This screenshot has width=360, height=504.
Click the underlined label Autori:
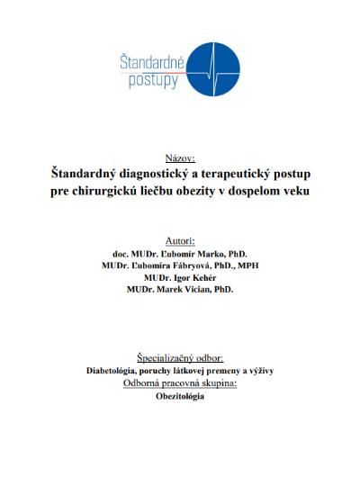pyautogui.click(x=180, y=241)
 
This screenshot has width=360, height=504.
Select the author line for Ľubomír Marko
pyautogui.click(x=180, y=255)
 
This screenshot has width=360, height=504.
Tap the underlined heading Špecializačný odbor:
pyautogui.click(x=180, y=357)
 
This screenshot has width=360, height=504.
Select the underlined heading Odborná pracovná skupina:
pyautogui.click(x=180, y=382)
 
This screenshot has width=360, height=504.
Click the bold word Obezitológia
pyautogui.click(x=180, y=395)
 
